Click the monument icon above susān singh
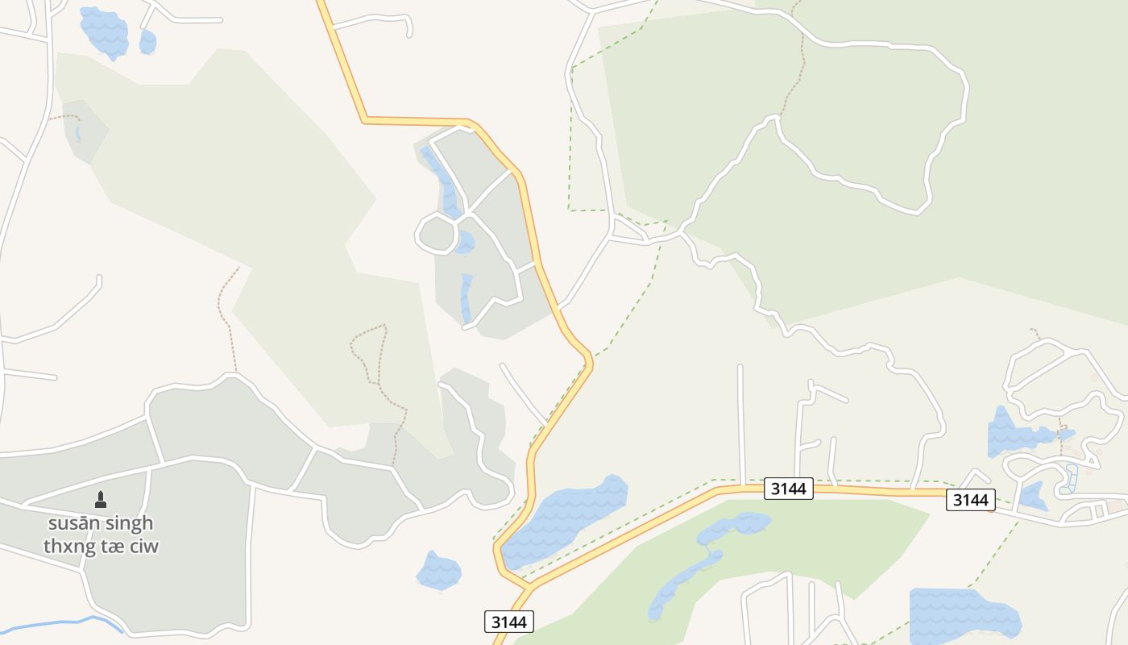pyautogui.click(x=101, y=500)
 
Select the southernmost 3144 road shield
pyautogui.click(x=509, y=622)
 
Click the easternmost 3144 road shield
pyautogui.click(x=970, y=500)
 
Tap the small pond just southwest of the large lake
pyautogui.click(x=438, y=572)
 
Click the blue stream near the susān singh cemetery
pyautogui.click(x=64, y=622)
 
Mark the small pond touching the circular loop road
pyautogui.click(x=464, y=242)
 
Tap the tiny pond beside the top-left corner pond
pyautogui.click(x=147, y=42)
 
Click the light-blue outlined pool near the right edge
pyautogui.click(x=1070, y=479)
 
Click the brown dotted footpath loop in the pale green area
pyautogui.click(x=371, y=355)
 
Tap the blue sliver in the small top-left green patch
pyautogui.click(x=78, y=134)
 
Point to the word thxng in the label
pyautogui.click(x=70, y=546)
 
